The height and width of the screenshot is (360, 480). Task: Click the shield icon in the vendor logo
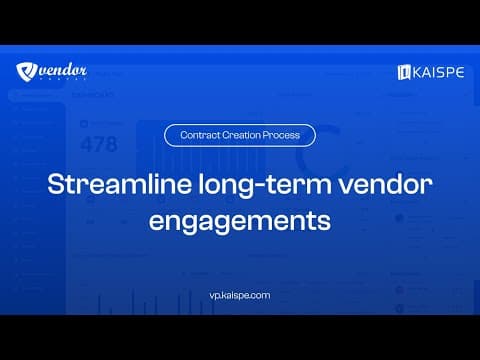pos(26,71)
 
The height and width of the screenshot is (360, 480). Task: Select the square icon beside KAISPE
pos(405,72)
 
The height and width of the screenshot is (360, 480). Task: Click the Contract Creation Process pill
pos(239,134)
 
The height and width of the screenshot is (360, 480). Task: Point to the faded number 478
pos(98,144)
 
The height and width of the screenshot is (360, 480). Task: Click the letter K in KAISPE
pos(419,72)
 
